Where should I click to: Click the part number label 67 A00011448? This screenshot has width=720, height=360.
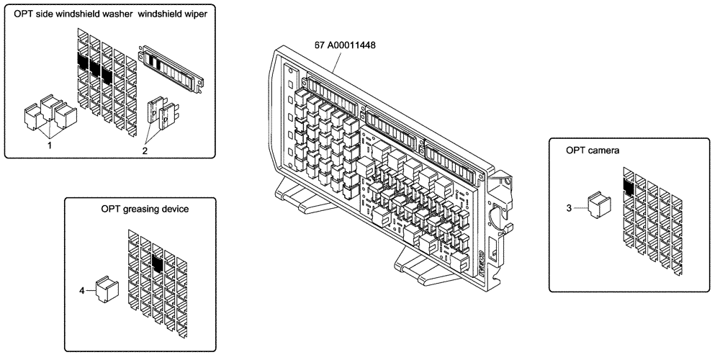(345, 45)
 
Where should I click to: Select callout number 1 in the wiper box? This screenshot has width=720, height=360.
(49, 144)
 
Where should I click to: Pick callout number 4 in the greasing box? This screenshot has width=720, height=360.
(82, 290)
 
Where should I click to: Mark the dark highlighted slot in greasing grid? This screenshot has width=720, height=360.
(158, 258)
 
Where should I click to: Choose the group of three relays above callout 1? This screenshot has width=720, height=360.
(49, 112)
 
